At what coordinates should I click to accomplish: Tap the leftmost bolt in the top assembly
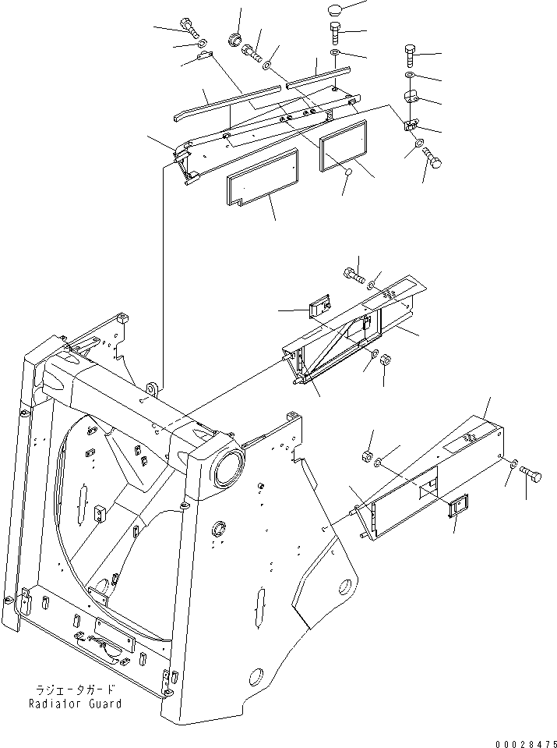pyautogui.click(x=189, y=25)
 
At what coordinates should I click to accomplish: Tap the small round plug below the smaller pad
pyautogui.click(x=349, y=171)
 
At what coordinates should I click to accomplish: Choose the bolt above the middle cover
pyautogui.click(x=353, y=274)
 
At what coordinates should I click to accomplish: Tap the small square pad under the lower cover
pyautogui.click(x=457, y=507)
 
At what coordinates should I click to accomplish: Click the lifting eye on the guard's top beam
pyautogui.click(x=151, y=386)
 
